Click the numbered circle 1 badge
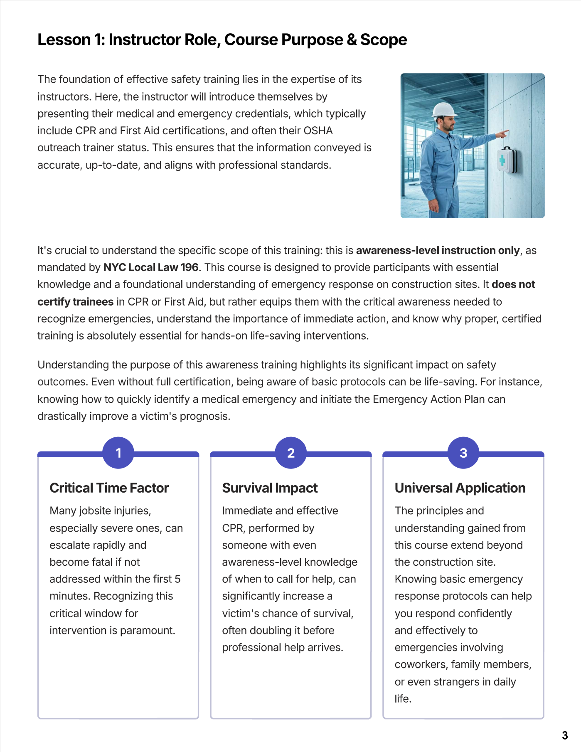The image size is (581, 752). tap(118, 453)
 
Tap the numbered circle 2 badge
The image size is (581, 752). tap(291, 453)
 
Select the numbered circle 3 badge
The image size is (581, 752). tap(463, 453)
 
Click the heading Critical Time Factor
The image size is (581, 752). tap(109, 488)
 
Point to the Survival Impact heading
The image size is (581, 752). tap(270, 488)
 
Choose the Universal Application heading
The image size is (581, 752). tap(460, 488)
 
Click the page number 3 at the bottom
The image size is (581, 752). tap(565, 735)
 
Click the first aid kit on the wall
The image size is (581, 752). tap(507, 160)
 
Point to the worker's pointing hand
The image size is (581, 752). tap(503, 134)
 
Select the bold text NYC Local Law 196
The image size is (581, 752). tap(151, 267)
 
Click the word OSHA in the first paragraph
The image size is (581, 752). tap(318, 131)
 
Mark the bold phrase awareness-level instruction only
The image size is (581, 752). tap(438, 250)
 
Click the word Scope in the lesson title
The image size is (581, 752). tap(384, 40)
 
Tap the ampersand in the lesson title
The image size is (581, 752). tap(352, 40)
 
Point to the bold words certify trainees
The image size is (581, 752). tap(75, 302)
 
